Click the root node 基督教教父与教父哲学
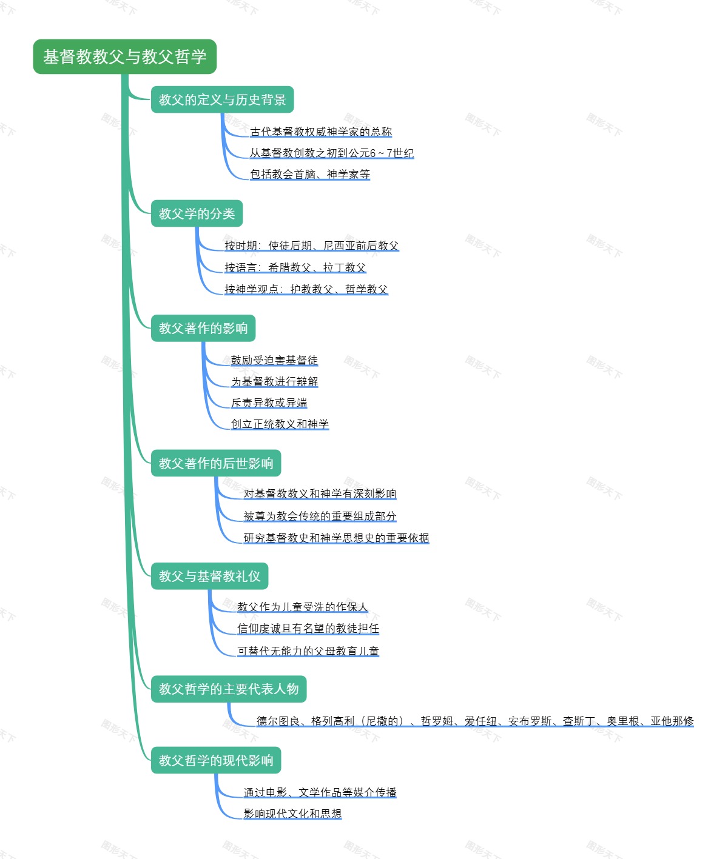tap(124, 57)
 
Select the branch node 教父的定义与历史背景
tap(222, 100)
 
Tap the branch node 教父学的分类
tap(197, 214)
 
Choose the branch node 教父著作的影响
tap(203, 329)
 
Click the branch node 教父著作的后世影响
tap(215, 464)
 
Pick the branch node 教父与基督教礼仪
tap(209, 577)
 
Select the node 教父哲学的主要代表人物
tap(228, 689)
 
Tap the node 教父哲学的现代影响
tap(215, 761)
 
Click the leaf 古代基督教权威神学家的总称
tap(321, 132)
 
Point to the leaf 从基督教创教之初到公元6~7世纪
tap(331, 153)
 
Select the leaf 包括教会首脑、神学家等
tap(309, 175)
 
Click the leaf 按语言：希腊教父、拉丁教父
tap(295, 268)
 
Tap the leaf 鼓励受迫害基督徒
tap(274, 361)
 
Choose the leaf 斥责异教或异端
tap(269, 403)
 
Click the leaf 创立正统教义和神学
tap(280, 424)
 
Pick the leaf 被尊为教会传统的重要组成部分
tap(320, 516)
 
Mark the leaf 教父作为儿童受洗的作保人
tap(302, 607)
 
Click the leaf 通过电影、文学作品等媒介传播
tap(320, 793)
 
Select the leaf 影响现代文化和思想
tap(292, 814)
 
